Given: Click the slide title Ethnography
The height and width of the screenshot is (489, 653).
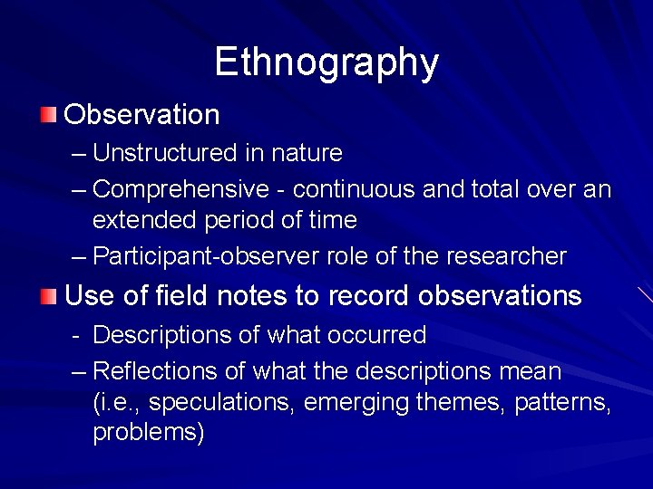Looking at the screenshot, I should (x=326, y=62).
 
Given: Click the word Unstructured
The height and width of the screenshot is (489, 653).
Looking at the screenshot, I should (x=165, y=153).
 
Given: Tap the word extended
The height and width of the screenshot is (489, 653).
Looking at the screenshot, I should (x=139, y=219).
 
